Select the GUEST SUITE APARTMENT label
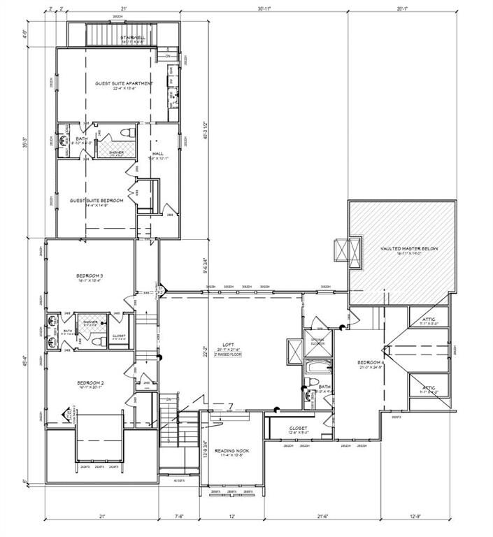coord(124,83)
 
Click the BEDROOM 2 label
coord(90,382)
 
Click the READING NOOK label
coord(231,451)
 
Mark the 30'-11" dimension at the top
coord(264,9)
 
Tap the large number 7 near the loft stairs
coord(229,406)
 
